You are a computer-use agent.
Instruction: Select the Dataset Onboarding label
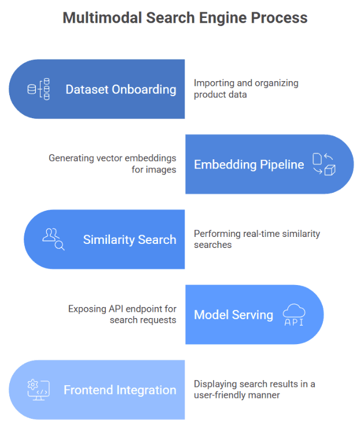pyautogui.click(x=120, y=89)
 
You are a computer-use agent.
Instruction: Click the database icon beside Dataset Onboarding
pyautogui.click(x=39, y=89)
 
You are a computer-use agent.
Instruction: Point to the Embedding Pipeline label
pyautogui.click(x=249, y=165)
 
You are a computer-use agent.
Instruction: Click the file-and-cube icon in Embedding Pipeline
pyautogui.click(x=324, y=165)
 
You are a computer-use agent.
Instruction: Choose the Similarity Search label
pyautogui.click(x=129, y=240)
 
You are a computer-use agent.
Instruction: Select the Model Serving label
pyautogui.click(x=233, y=315)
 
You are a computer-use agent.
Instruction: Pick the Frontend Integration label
pyautogui.click(x=120, y=390)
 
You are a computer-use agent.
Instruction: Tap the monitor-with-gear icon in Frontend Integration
pyautogui.click(x=39, y=390)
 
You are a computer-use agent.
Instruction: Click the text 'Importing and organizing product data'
pyautogui.click(x=246, y=89)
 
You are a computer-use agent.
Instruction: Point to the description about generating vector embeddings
pyautogui.click(x=112, y=164)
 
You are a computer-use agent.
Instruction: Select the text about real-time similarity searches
pyautogui.click(x=256, y=239)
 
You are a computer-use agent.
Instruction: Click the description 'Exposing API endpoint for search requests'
pyautogui.click(x=122, y=315)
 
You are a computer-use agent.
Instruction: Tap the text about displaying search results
pyautogui.click(x=254, y=389)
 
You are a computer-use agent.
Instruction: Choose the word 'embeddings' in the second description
pyautogui.click(x=153, y=158)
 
